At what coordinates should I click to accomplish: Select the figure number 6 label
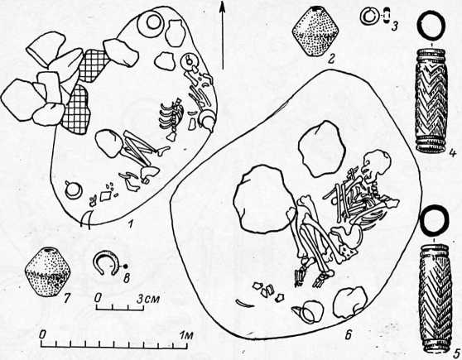(348, 335)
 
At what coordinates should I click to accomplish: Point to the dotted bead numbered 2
(315, 31)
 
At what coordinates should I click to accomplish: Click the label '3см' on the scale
(149, 299)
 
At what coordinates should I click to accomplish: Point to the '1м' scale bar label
(186, 335)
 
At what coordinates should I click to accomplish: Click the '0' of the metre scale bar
(43, 335)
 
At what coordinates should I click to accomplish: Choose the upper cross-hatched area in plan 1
(94, 65)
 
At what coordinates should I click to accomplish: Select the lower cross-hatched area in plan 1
(75, 109)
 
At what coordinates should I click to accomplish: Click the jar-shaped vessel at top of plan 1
(175, 33)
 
